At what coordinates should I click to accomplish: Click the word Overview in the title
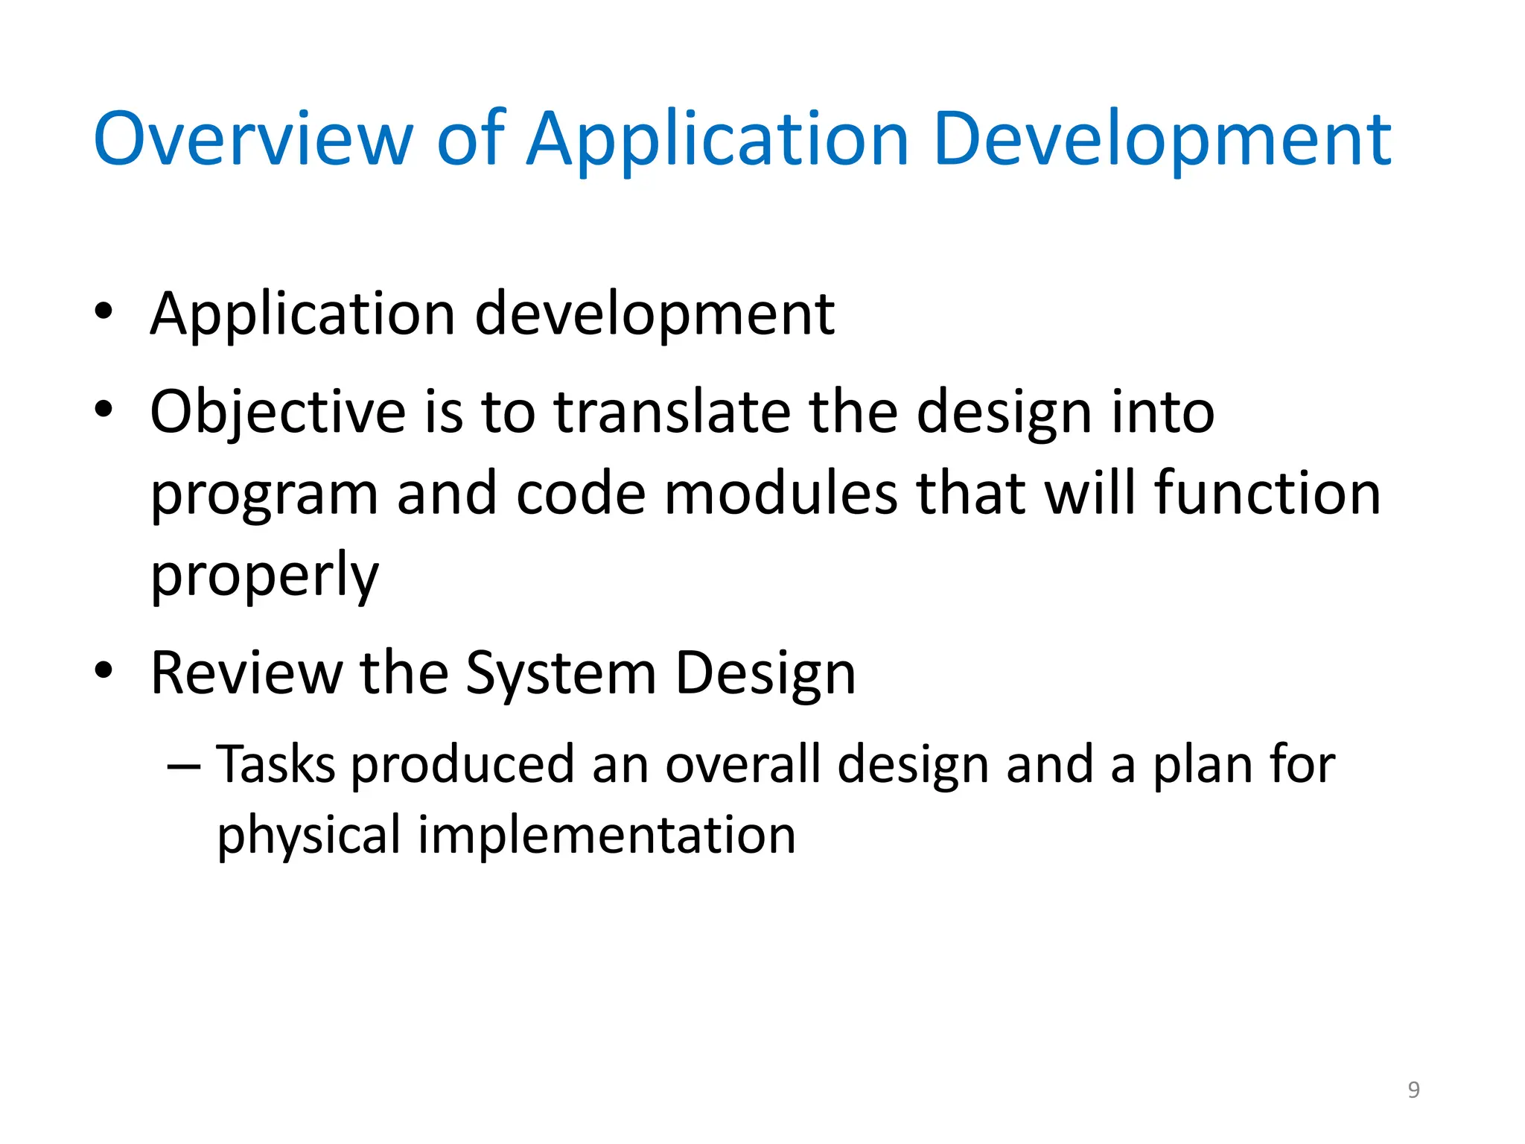point(252,139)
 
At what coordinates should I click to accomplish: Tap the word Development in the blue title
point(1162,139)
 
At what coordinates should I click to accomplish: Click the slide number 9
point(1413,1090)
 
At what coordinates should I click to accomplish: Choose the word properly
point(264,575)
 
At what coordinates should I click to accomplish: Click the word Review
point(246,673)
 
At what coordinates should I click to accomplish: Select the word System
point(561,673)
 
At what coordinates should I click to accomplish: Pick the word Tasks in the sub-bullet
point(276,765)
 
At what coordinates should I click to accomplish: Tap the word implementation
point(607,835)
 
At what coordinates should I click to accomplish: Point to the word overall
point(742,765)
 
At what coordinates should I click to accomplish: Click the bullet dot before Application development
point(104,312)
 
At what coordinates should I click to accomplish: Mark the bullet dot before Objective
point(104,410)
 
